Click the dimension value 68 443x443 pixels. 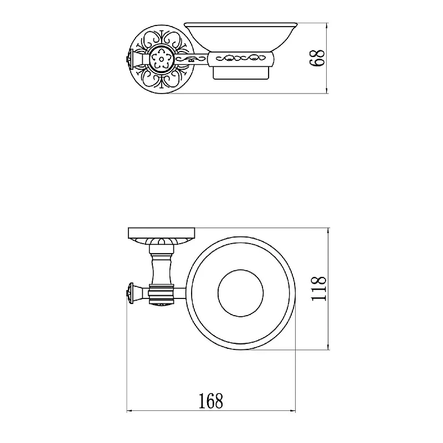click(317, 58)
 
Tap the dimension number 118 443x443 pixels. click(318, 289)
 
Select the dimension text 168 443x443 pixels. click(211, 400)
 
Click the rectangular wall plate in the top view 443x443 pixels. click(161, 233)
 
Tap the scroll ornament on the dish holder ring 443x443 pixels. click(240, 59)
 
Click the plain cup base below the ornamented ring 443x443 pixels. click(240, 73)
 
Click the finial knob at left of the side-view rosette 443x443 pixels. click(130, 59)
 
